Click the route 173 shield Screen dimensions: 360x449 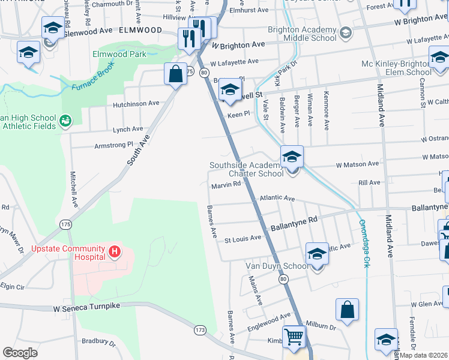click(x=200, y=329)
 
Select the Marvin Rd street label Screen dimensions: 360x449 click(x=226, y=186)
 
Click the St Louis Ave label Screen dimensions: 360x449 click(x=243, y=238)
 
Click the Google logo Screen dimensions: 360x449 click(x=20, y=352)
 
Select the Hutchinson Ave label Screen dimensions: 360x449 click(x=136, y=104)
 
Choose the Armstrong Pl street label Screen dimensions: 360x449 click(x=113, y=145)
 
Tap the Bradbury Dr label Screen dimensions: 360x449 click(x=98, y=343)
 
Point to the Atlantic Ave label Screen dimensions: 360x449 click(x=277, y=198)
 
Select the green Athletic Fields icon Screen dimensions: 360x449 click(x=65, y=122)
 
